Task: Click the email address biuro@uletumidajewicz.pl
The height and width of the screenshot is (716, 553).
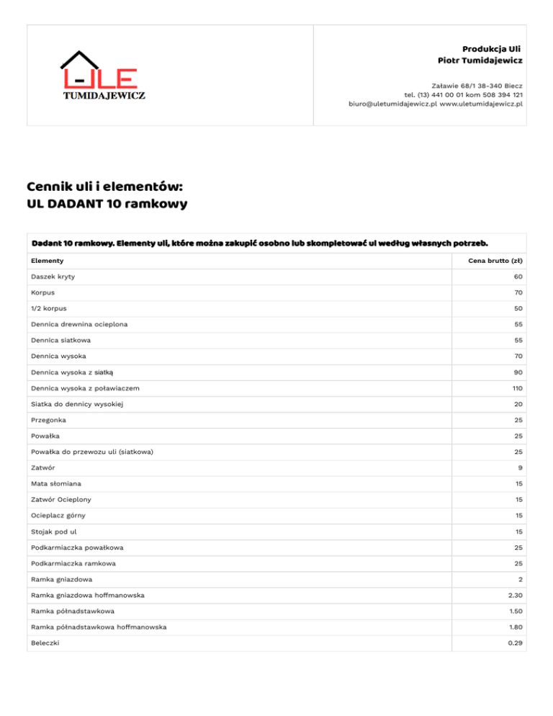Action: click(392, 104)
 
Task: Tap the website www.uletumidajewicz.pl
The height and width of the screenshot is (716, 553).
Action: click(481, 104)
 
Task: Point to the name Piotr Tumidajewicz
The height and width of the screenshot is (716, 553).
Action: click(480, 60)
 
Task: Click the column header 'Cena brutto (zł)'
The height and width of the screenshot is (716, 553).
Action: click(493, 260)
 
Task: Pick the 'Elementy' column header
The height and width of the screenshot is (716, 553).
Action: click(48, 260)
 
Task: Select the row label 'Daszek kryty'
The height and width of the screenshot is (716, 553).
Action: click(53, 277)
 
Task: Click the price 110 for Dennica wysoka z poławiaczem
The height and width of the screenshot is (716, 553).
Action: click(516, 388)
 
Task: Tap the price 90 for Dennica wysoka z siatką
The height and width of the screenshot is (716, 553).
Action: click(518, 372)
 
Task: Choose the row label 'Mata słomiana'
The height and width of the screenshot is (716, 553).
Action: click(55, 483)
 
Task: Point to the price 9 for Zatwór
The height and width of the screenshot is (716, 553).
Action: click(520, 467)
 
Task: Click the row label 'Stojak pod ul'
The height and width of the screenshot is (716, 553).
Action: click(54, 532)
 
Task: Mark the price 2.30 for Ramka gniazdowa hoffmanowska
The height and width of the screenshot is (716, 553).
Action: click(514, 595)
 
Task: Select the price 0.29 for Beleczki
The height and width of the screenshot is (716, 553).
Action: click(514, 643)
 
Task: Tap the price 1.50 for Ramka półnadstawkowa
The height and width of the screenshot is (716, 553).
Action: click(514, 611)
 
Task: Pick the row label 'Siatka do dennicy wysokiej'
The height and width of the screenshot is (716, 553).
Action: click(77, 404)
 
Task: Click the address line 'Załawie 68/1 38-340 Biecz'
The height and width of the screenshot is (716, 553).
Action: click(477, 85)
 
